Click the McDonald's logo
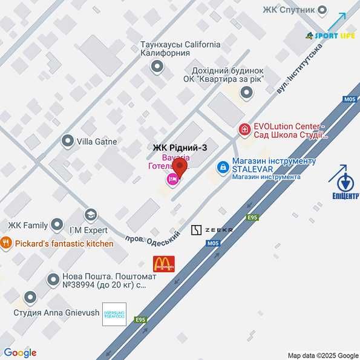(x=163, y=263)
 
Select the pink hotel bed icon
(x=172, y=179)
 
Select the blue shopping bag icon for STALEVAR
(x=223, y=166)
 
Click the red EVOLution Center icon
(x=244, y=129)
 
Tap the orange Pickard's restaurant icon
(x=6, y=243)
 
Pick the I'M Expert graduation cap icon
(x=90, y=214)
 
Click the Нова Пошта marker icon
(x=52, y=280)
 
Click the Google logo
(x=20, y=353)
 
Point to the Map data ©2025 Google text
(x=323, y=356)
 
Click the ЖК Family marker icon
(x=57, y=225)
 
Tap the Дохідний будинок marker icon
(x=246, y=93)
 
